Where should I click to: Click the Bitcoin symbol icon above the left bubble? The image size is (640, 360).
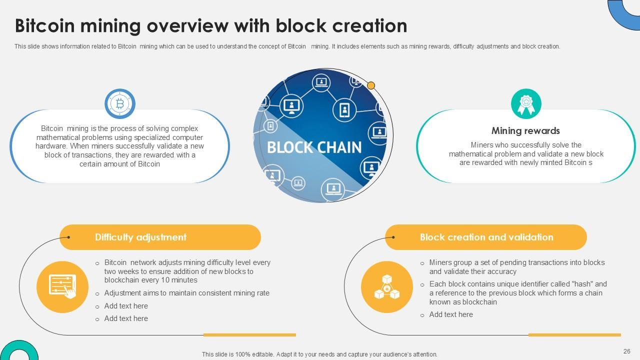pos(120,104)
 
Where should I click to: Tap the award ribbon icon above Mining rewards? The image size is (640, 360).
pos(526,104)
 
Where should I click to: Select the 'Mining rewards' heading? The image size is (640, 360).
pos(525,131)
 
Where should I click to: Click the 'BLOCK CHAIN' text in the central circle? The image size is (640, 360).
pos(314,147)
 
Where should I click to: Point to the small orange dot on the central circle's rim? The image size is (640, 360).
pos(371,85)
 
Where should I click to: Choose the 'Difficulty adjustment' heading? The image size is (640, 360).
pos(140,237)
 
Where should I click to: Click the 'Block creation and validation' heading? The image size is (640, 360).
pos(486,237)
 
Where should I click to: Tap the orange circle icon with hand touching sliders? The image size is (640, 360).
pos(62,287)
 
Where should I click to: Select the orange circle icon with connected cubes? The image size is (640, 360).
pos(387,287)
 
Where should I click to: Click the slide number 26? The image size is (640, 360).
pos(626,351)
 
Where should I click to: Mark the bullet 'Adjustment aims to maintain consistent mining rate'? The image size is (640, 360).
pos(186,293)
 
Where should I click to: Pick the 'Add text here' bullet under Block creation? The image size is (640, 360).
pos(450,314)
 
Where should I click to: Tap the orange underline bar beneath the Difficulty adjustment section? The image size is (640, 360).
pos(249,335)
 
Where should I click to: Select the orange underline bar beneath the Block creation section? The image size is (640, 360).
pos(574,335)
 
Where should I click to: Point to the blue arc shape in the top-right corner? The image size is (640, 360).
pos(622,12)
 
